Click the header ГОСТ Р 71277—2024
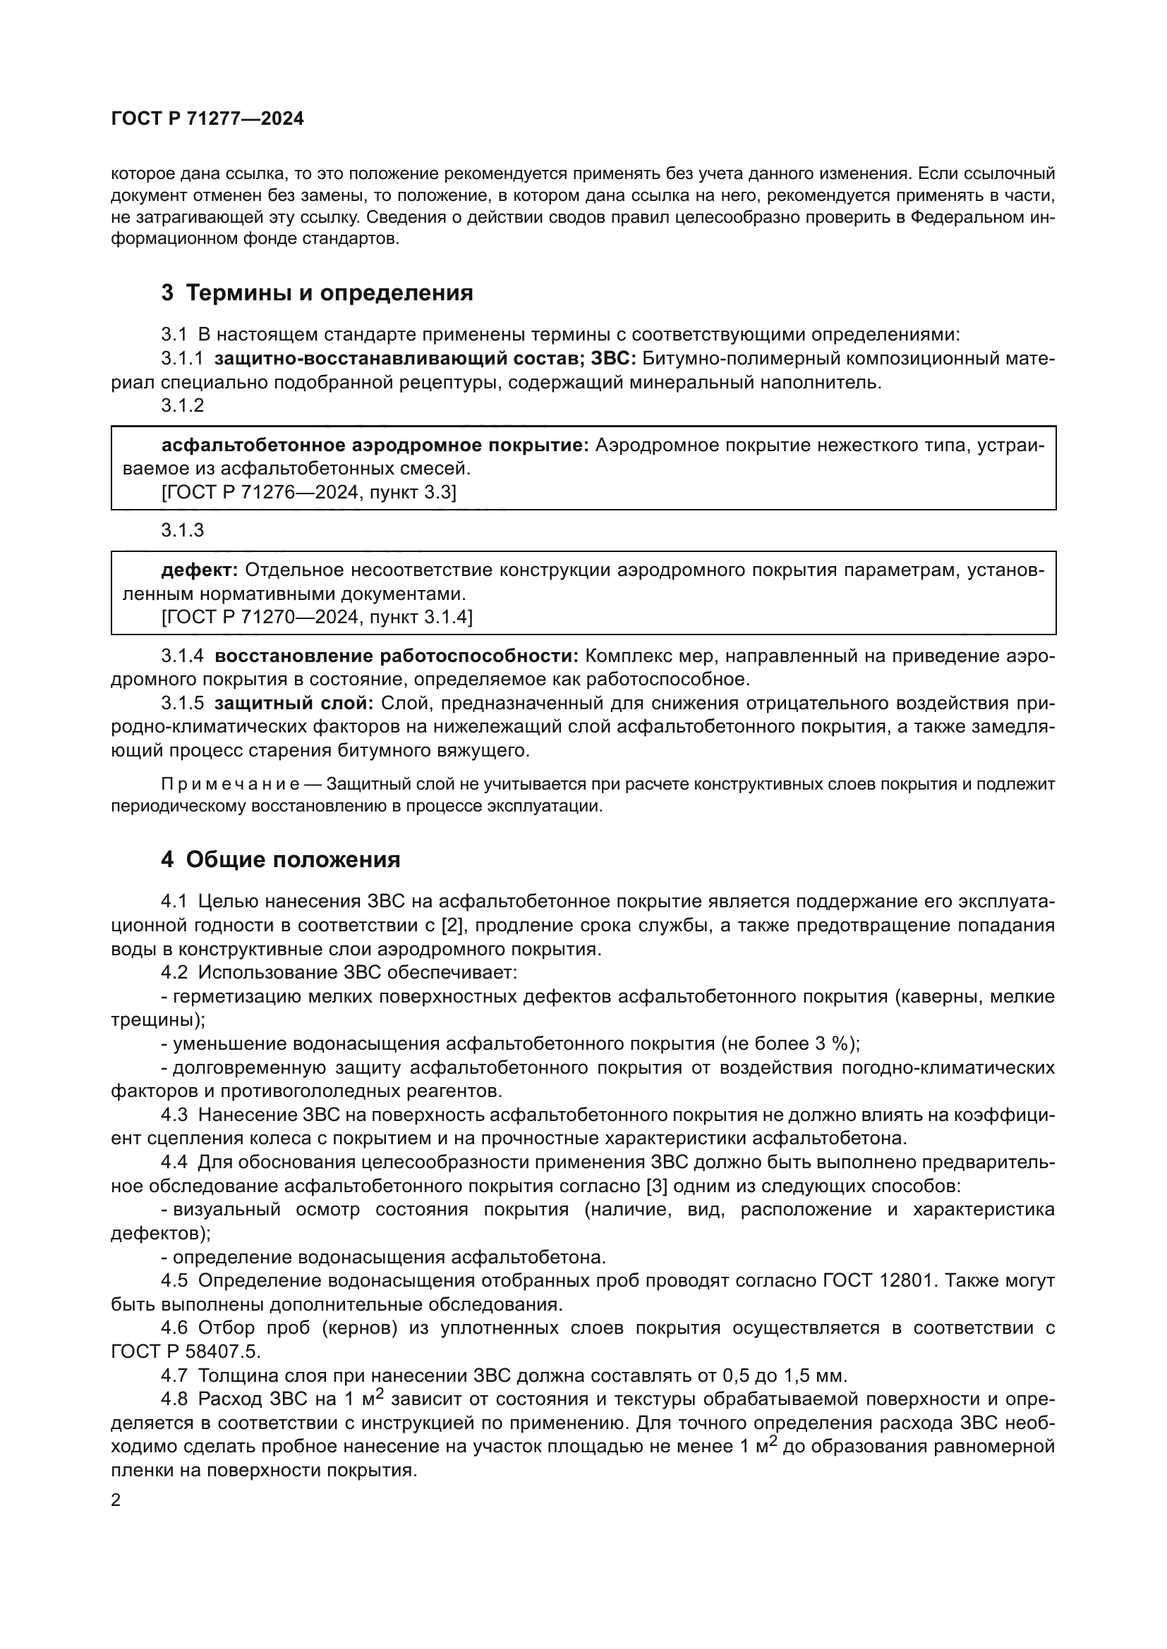(207, 118)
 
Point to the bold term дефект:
(200, 570)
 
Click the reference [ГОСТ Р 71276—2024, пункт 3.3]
(309, 493)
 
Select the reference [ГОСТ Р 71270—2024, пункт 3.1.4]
(317, 617)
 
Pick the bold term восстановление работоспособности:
(397, 656)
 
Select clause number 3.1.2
(183, 406)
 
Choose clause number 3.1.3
(183, 530)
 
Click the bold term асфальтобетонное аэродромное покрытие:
(375, 446)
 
